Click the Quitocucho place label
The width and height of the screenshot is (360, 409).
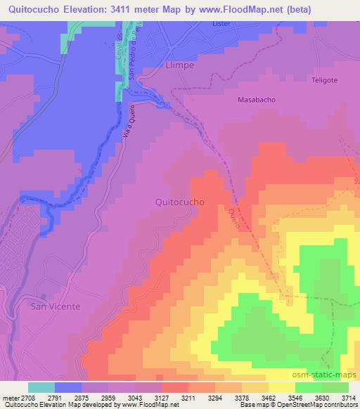pos(179,202)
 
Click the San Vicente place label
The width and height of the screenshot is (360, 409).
pos(55,306)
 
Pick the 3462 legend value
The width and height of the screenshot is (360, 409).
pos(268,397)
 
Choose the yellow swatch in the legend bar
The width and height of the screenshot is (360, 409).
pos(281,387)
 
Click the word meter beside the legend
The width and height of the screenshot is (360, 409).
pos(11,397)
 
